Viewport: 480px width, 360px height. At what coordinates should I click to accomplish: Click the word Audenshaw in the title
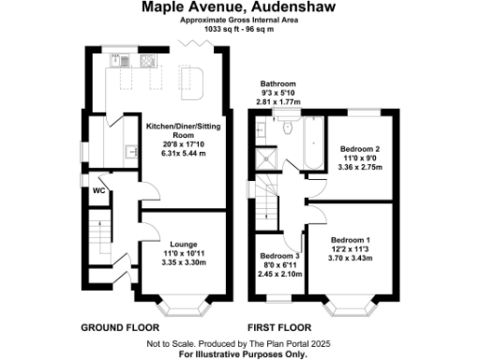(287, 7)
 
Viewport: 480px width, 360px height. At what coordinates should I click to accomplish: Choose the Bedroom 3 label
(279, 256)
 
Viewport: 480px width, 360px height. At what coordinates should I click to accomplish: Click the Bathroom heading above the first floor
(278, 83)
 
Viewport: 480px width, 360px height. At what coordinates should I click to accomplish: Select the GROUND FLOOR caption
(116, 328)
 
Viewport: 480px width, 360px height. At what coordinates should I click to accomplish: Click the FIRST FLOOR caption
(278, 328)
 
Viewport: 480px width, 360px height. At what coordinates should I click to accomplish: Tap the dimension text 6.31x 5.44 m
(169, 153)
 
